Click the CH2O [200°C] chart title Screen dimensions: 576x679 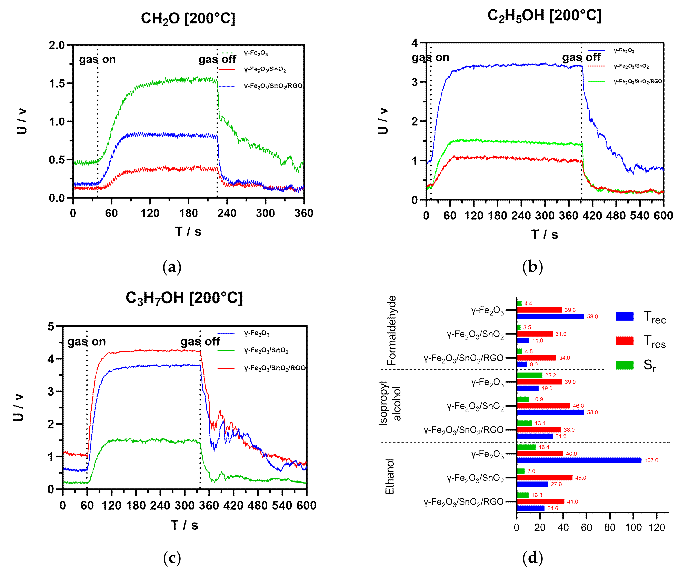188,19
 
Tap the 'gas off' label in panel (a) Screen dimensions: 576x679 217,59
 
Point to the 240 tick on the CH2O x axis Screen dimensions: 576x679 227,213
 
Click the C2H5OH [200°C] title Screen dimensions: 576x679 544,16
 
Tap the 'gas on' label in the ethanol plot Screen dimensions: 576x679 430,58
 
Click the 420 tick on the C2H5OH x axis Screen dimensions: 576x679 592,216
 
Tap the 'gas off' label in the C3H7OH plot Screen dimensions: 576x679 200,341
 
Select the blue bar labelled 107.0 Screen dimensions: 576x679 579,460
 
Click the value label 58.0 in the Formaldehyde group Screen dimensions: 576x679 592,316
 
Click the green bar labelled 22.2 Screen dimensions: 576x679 529,375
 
